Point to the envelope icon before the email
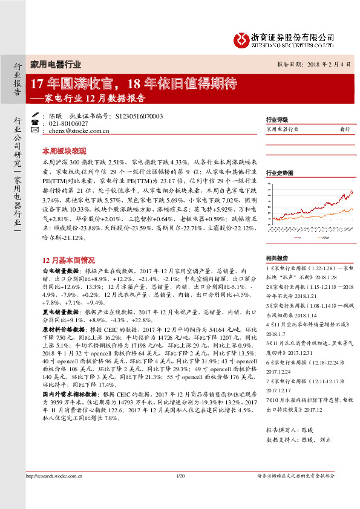coord(36,130)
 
